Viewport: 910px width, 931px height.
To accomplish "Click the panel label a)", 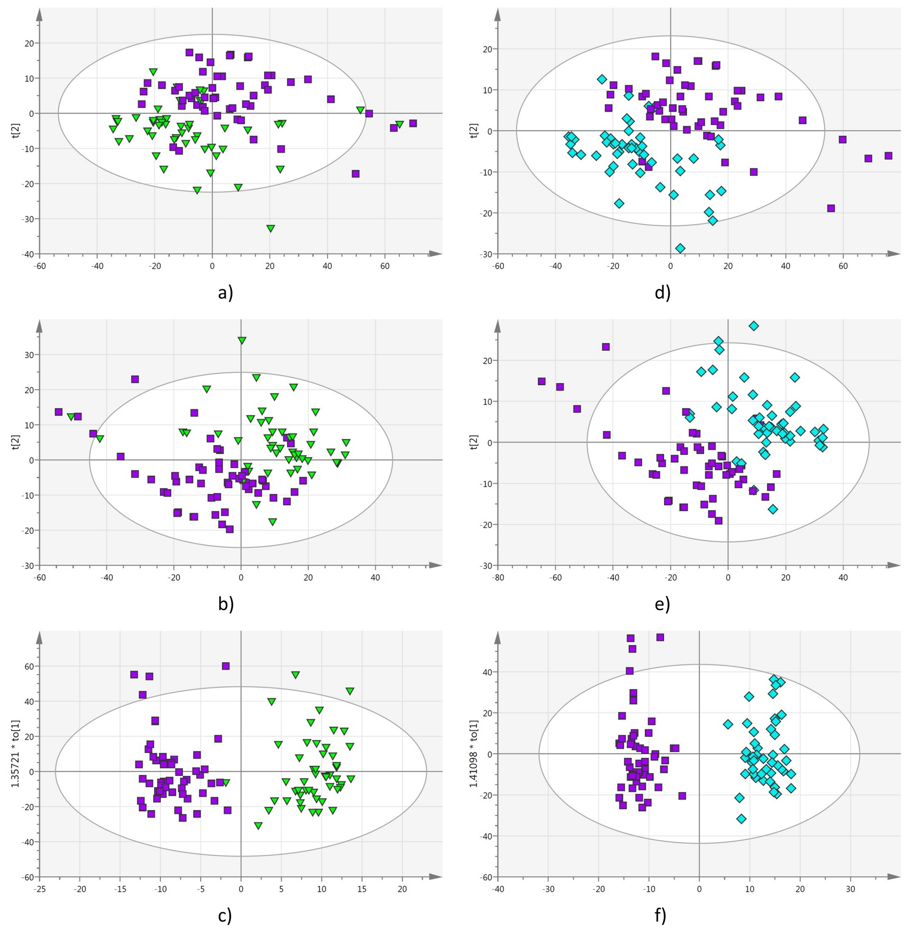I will [225, 292].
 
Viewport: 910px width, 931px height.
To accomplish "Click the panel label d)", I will [662, 292].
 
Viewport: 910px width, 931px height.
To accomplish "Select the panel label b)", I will [226, 604].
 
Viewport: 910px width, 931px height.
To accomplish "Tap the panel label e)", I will [662, 604].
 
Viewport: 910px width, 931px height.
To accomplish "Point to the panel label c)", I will [225, 915].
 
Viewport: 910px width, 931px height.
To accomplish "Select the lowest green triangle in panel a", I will [271, 229].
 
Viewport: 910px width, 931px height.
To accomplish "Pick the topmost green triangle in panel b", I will [242, 341].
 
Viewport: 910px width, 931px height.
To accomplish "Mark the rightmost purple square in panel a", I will [413, 123].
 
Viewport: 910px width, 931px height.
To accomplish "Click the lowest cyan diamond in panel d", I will [680, 248].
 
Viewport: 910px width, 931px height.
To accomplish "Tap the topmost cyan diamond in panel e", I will [754, 326].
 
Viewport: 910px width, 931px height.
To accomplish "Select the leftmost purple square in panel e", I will [542, 382].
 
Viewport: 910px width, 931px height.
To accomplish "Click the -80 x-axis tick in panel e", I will [498, 578].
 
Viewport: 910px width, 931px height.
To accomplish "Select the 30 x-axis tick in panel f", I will [850, 889].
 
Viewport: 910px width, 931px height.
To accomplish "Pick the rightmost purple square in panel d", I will [888, 156].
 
